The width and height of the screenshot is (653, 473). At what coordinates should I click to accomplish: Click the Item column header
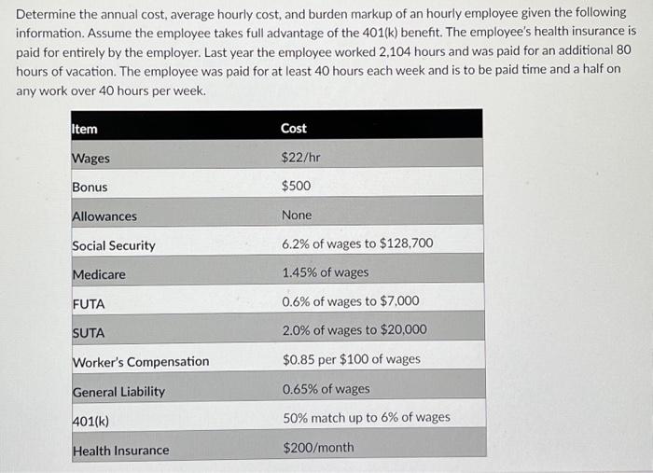click(x=85, y=129)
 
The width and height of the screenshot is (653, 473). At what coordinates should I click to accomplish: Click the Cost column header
click(x=294, y=128)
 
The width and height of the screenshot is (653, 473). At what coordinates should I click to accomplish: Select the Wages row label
click(x=91, y=159)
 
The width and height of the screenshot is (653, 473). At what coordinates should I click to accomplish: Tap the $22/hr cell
click(x=300, y=158)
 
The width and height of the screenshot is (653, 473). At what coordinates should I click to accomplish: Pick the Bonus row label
click(x=90, y=188)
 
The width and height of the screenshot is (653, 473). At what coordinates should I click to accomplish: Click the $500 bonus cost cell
click(x=296, y=187)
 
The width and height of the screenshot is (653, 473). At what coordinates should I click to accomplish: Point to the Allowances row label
click(x=104, y=216)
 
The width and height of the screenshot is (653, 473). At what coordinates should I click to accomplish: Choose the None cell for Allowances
click(x=297, y=216)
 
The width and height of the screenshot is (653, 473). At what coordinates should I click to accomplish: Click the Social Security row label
click(x=114, y=245)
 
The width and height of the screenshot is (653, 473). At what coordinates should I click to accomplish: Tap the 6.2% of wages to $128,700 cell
click(x=357, y=244)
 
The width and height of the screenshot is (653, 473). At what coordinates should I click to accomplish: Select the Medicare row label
click(x=99, y=275)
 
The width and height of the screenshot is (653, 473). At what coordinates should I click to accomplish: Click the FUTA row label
click(x=89, y=304)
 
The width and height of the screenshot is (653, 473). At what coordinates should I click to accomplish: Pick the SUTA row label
click(x=89, y=333)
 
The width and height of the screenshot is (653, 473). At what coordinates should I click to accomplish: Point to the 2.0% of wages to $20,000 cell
click(x=354, y=330)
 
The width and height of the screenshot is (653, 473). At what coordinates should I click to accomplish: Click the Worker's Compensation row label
click(x=141, y=362)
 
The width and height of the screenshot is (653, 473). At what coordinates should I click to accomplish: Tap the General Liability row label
click(x=118, y=392)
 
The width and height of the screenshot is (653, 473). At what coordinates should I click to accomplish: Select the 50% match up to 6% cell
click(x=366, y=418)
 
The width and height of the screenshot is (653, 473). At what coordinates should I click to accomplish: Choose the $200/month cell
click(x=317, y=448)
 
